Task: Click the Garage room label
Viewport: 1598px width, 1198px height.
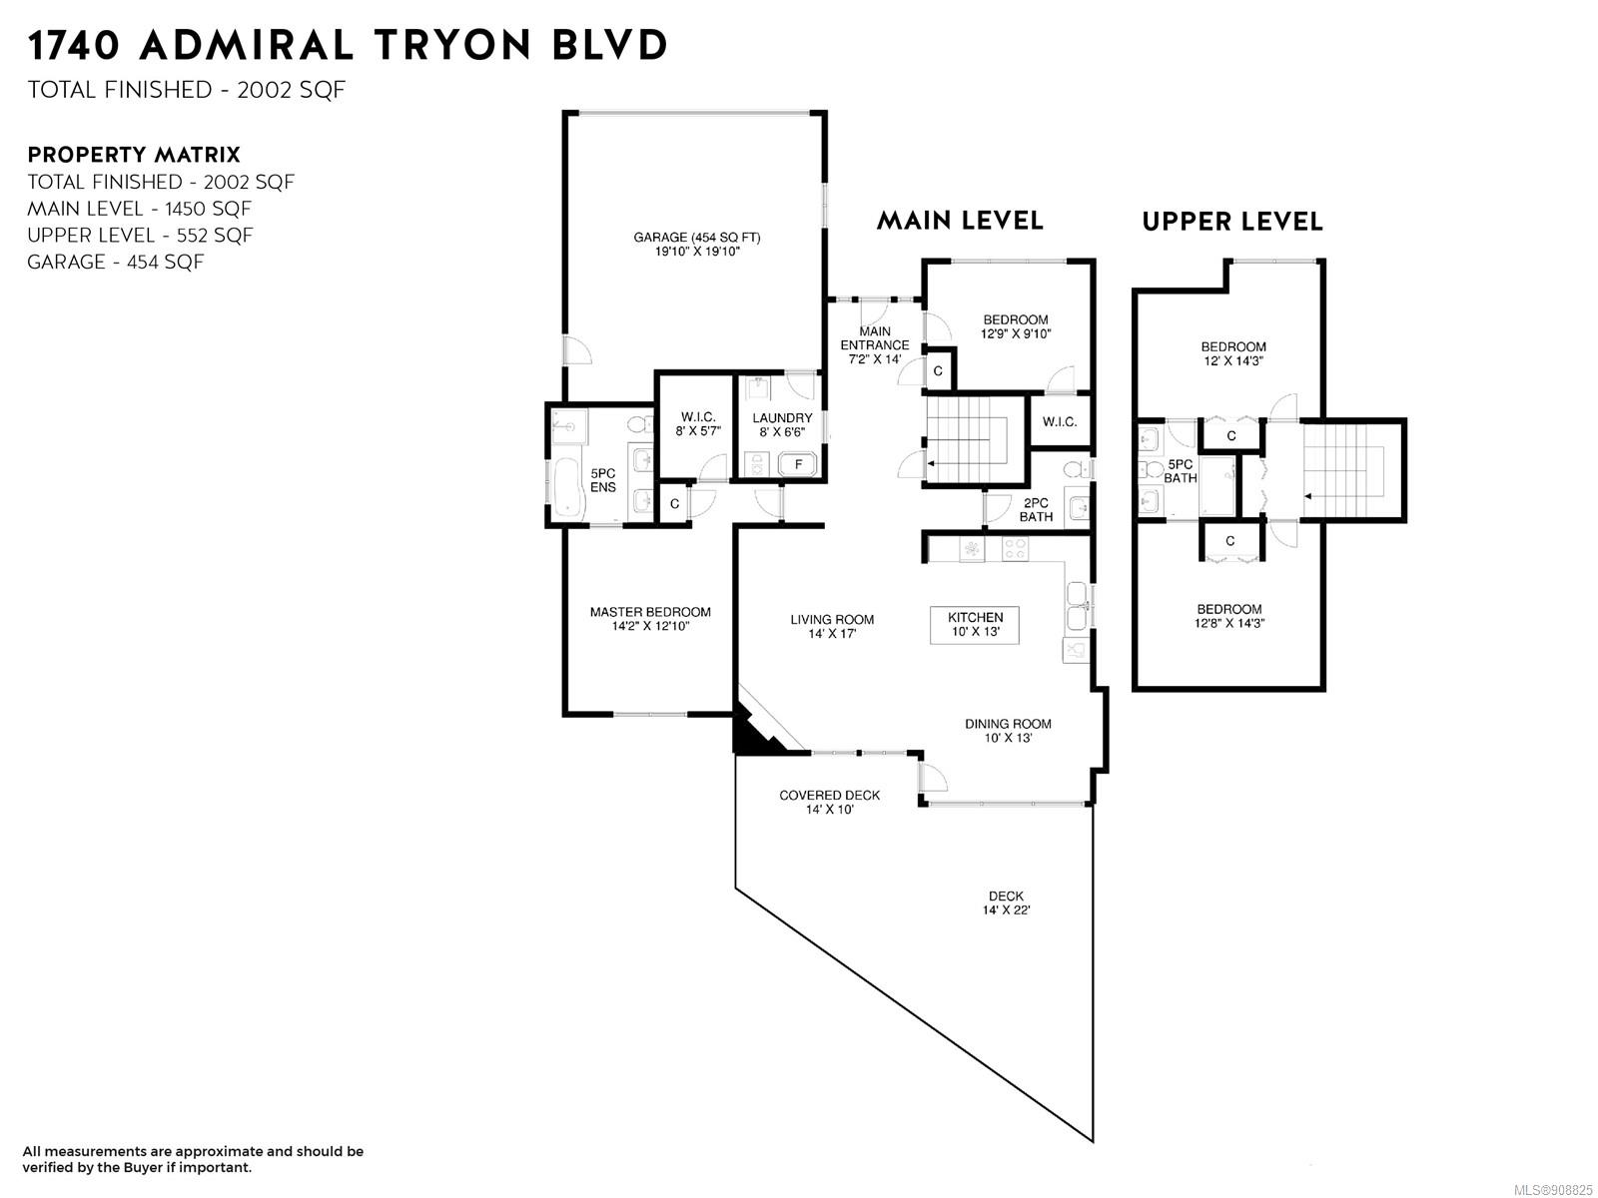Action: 697,244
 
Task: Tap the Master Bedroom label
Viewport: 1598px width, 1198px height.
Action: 650,618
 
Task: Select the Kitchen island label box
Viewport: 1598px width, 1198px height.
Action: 974,624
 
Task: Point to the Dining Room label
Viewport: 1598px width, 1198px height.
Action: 1008,731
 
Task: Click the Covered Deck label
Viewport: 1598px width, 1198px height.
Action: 829,802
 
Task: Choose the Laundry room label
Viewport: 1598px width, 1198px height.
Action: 782,424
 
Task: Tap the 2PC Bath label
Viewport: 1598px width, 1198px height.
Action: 1036,509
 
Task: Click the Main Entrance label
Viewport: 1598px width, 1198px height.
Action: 874,344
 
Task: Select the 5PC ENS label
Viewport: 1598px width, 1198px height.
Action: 603,480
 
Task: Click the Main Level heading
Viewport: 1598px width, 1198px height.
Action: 960,220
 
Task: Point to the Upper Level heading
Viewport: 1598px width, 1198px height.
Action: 1231,221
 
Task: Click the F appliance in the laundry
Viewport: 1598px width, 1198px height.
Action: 798,463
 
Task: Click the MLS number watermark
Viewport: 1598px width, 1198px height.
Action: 1553,1190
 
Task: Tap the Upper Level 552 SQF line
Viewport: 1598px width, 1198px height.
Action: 140,235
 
